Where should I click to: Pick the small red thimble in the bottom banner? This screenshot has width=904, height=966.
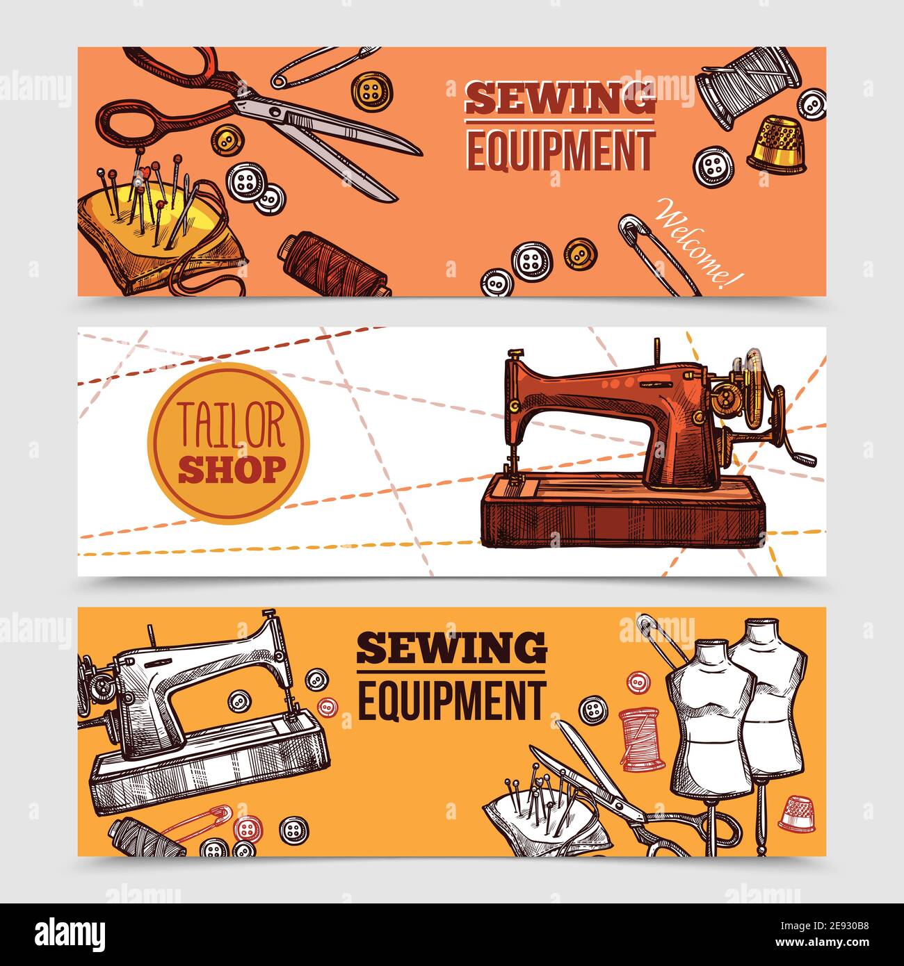point(797,812)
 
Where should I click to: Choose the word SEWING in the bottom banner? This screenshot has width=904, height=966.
point(451,649)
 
